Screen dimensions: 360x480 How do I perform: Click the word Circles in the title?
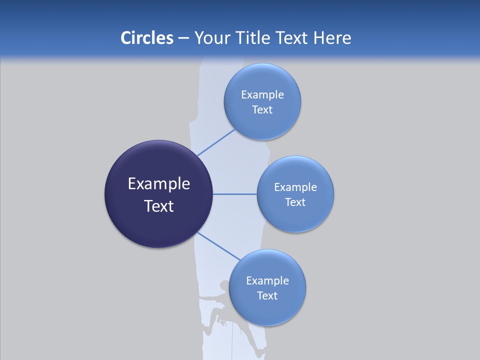(x=146, y=38)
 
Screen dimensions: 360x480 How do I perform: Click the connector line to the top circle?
(x=216, y=142)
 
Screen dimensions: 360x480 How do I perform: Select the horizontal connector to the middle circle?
(x=234, y=194)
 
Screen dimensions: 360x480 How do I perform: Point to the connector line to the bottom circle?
(x=219, y=246)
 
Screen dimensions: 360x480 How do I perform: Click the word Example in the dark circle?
(x=159, y=184)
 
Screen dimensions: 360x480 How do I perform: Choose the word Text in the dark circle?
(x=159, y=206)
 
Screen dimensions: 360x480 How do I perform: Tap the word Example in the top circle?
(x=262, y=95)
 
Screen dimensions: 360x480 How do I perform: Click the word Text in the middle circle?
(x=295, y=202)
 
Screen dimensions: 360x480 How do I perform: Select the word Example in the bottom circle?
(x=267, y=280)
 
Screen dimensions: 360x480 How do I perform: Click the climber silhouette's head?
(x=223, y=285)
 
